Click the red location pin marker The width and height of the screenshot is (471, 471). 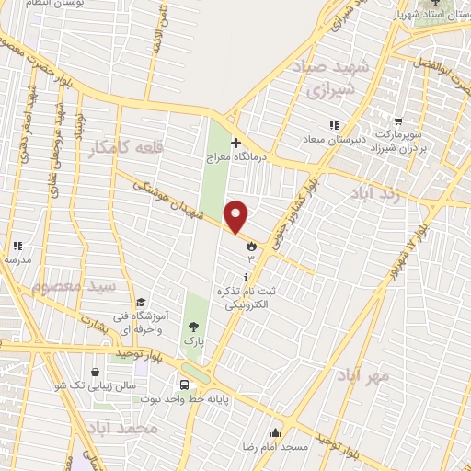pos(236,215)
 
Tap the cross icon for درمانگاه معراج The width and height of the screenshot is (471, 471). pos(236,143)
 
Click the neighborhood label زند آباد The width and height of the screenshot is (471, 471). pos(374,193)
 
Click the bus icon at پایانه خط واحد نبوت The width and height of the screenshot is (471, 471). pos(184,385)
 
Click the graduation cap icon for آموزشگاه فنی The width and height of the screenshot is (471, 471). pos(141,303)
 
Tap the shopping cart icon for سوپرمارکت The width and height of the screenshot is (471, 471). pos(398,121)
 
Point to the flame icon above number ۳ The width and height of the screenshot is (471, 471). pos(250,245)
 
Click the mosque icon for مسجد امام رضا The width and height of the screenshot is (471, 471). pos(275,433)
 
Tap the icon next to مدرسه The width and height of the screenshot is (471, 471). pos(17,246)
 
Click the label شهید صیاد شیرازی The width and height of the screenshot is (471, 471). pos(329,79)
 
